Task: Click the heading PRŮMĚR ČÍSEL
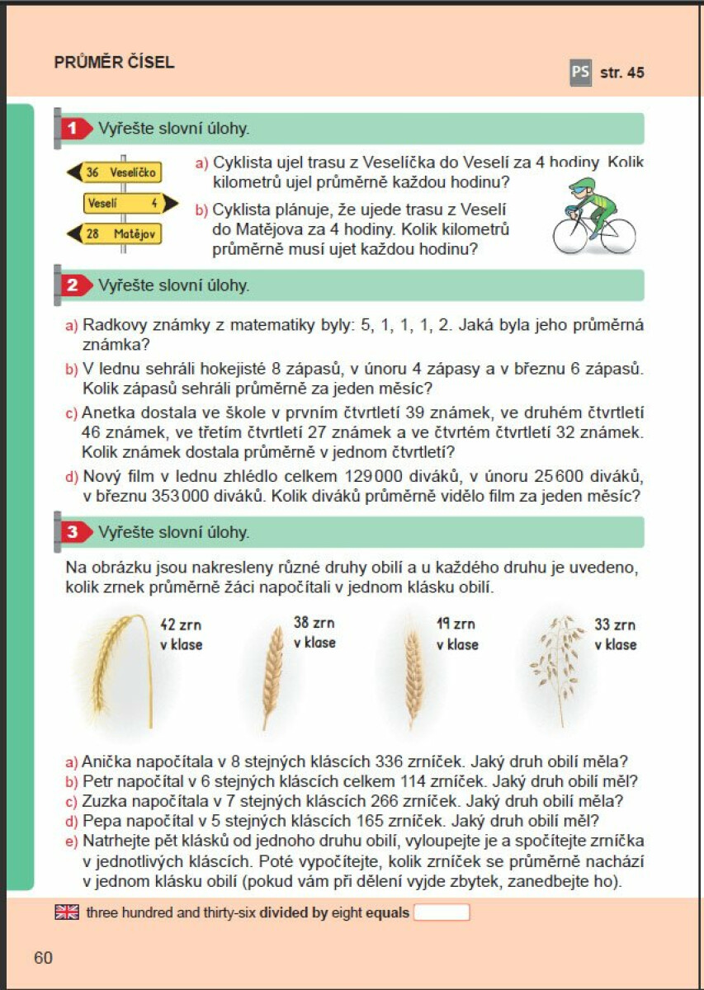114,63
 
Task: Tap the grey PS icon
580,73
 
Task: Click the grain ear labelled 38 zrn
272,672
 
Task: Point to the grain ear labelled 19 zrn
413,672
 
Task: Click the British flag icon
67,912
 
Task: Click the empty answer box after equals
441,912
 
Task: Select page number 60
44,958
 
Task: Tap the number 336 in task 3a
389,761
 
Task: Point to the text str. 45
622,73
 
